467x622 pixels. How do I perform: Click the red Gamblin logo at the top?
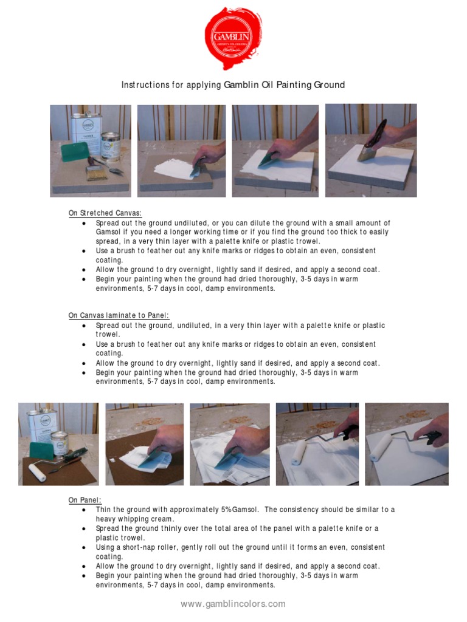click(x=233, y=38)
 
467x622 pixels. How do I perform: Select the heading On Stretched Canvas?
click(x=105, y=213)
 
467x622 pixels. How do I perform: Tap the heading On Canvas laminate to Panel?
click(x=119, y=315)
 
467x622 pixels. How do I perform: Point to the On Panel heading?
click(x=85, y=500)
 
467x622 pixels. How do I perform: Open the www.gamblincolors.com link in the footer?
click(x=233, y=604)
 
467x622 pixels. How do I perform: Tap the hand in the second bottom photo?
click(x=166, y=440)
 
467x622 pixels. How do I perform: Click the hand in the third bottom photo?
click(x=249, y=440)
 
